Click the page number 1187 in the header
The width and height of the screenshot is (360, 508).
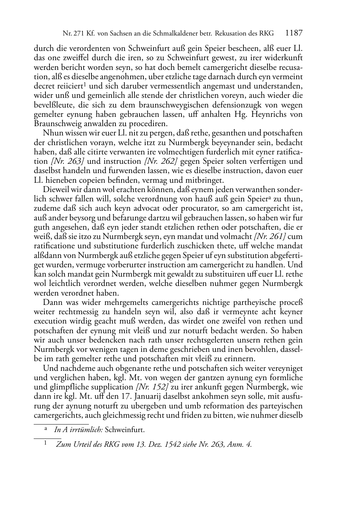click(294, 33)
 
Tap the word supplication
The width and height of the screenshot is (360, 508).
click(110, 387)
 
